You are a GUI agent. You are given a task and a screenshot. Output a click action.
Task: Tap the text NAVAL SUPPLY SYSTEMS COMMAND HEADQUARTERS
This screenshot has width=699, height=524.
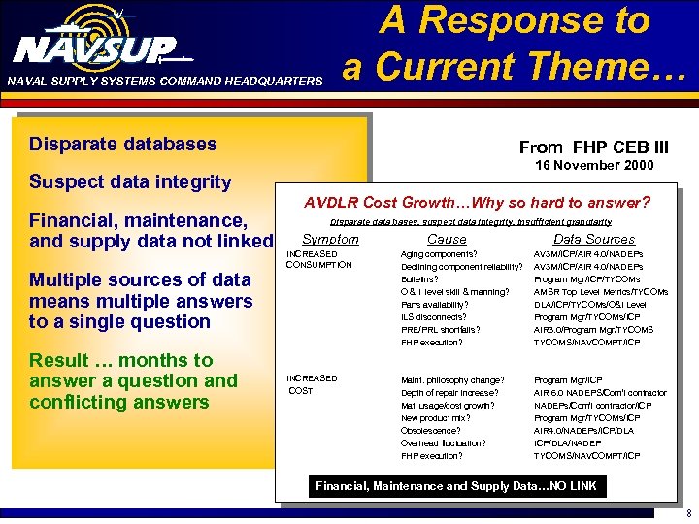click(164, 82)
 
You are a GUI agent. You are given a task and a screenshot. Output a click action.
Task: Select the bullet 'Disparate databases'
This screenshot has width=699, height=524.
click(123, 145)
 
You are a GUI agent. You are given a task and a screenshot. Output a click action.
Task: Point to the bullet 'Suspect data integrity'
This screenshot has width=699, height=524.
click(130, 181)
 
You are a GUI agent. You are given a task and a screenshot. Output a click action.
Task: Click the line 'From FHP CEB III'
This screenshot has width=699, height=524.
click(593, 147)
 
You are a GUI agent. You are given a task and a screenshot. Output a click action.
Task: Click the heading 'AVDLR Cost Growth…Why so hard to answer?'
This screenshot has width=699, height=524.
click(477, 203)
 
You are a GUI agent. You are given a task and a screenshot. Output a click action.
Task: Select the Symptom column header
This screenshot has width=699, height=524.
click(330, 239)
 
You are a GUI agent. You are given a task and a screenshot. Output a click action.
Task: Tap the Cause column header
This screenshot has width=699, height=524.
click(447, 239)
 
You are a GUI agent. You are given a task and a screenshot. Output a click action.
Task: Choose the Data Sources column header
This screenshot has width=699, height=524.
click(594, 239)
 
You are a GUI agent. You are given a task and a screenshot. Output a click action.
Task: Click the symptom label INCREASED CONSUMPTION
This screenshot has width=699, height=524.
click(317, 259)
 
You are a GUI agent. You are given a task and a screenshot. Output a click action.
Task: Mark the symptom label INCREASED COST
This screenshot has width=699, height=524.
click(312, 384)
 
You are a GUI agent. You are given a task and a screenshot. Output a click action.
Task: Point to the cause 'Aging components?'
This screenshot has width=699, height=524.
click(439, 254)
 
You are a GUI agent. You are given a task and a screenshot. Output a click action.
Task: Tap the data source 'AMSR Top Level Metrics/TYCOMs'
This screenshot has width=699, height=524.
click(601, 292)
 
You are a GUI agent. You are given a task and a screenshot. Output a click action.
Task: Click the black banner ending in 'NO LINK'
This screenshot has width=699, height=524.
click(455, 486)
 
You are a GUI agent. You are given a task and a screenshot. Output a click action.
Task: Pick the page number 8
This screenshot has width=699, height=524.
click(687, 514)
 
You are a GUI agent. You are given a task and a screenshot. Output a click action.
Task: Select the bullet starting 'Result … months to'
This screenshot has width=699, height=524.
click(133, 380)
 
